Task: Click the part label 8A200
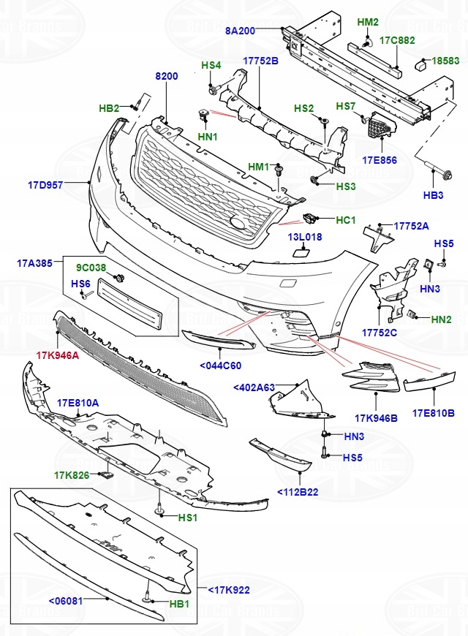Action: pos(240,31)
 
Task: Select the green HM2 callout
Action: pos(368,22)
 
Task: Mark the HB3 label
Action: pos(434,195)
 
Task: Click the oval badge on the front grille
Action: pos(239,224)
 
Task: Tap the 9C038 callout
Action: pos(91,268)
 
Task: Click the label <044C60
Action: pos(220,365)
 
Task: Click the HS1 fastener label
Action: pos(188,518)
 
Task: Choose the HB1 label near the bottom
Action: pos(179,604)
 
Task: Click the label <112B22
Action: pos(298,492)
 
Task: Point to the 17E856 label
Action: pos(379,159)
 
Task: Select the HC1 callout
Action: pos(346,219)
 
